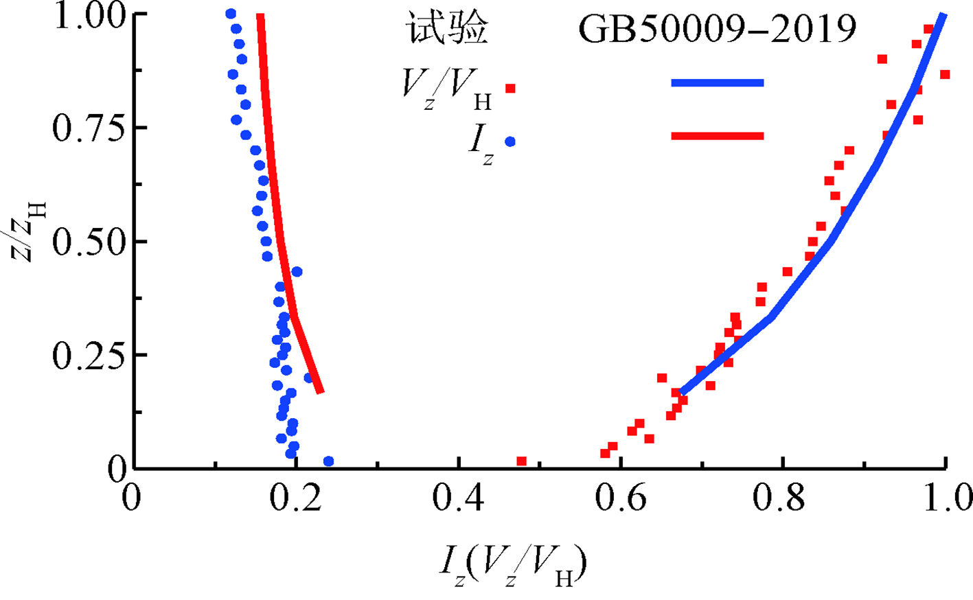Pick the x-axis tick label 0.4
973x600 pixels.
coord(459,499)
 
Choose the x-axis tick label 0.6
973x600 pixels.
coord(621,499)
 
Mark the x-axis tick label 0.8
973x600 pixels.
coord(783,499)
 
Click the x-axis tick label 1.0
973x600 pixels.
coord(945,499)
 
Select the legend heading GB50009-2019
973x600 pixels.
coord(718,30)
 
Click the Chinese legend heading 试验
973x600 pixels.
coord(448,30)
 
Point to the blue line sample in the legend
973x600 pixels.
coord(718,83)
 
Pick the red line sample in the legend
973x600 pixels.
coord(718,136)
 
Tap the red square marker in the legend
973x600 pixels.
coord(510,89)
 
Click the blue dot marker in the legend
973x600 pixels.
coord(510,141)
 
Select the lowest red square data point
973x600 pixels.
coord(522,461)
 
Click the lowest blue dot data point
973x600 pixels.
coord(328,461)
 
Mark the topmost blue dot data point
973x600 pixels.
coord(231,14)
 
